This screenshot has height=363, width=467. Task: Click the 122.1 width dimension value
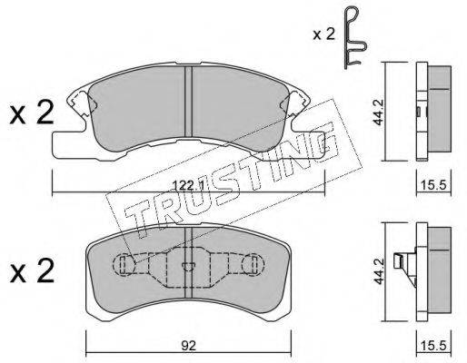tap(187, 184)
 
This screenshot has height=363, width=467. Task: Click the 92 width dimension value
tap(188, 346)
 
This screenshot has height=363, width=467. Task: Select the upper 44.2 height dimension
tap(378, 113)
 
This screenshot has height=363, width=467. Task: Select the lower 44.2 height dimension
tap(378, 271)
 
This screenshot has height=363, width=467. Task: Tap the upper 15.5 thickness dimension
tap(433, 184)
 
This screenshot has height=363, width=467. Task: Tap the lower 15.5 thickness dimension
tap(433, 346)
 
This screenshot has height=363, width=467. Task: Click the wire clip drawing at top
tap(355, 37)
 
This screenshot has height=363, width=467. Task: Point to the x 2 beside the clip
tap(323, 34)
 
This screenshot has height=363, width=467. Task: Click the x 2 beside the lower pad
tap(32, 271)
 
